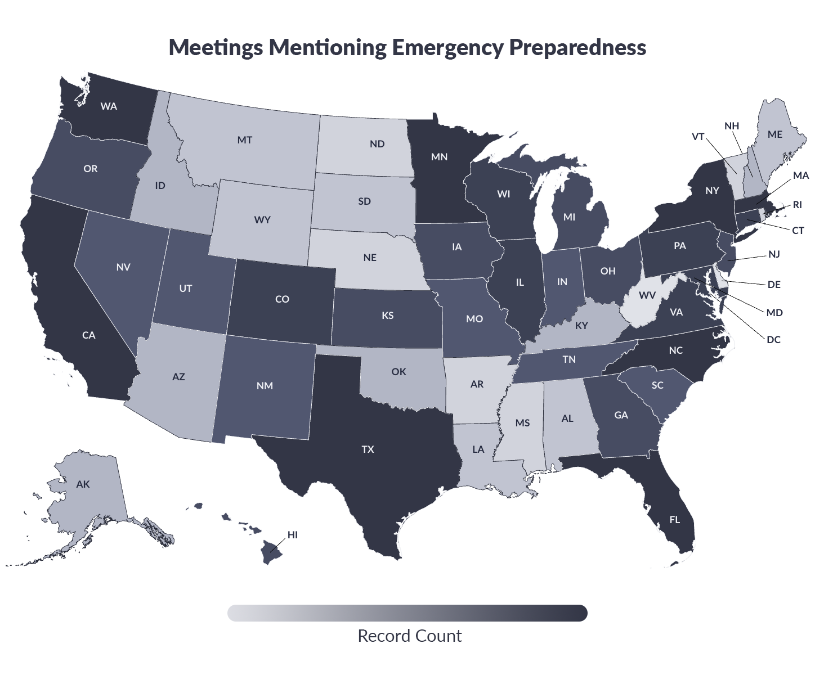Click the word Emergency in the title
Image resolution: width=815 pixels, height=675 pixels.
pos(447,47)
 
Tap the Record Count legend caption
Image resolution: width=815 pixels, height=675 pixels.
pos(409,636)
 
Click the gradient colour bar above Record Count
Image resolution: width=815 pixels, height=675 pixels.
pos(407,613)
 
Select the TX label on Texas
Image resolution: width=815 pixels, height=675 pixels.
pos(368,449)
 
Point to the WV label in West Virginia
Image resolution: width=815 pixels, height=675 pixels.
pos(647,295)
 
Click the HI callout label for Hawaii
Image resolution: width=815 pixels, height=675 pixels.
pos(293,534)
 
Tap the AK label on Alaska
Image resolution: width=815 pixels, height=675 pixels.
pos(83,484)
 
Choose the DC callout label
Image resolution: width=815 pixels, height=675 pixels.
pos(773,339)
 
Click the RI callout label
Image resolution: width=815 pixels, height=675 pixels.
pos(797,205)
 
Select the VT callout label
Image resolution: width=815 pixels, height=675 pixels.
pos(698,137)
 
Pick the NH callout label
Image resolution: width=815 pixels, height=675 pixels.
pos(732,126)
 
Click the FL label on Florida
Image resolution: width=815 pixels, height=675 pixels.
pos(674,519)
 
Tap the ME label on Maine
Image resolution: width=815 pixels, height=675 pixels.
pos(775,134)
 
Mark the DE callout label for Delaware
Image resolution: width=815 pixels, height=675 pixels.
pos(774,284)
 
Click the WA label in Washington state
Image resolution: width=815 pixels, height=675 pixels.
pos(109,106)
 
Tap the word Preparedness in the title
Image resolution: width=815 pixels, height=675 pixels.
pos(577,47)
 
